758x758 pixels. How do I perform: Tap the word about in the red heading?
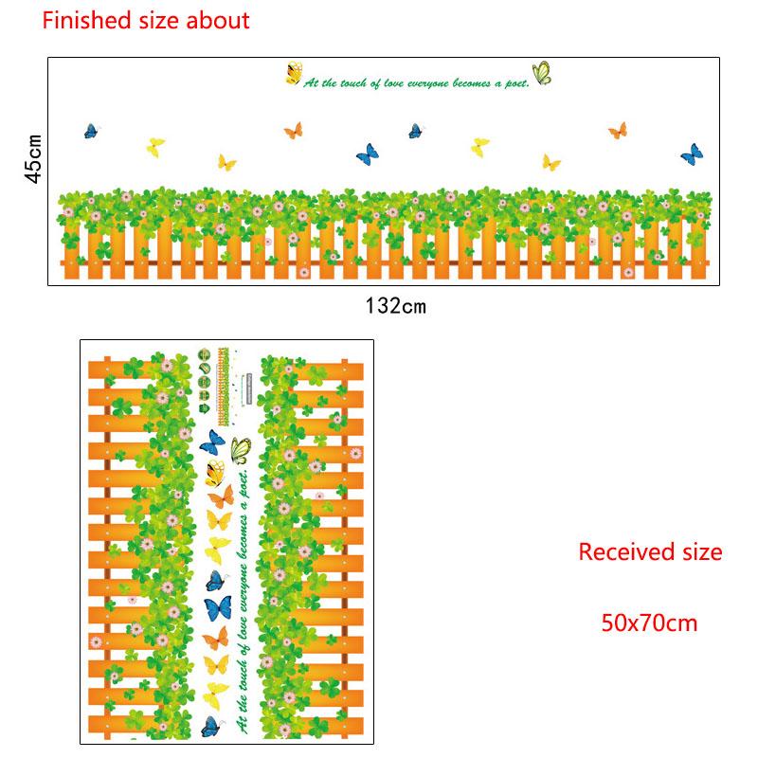[221, 20]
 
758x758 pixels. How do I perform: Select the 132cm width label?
[396, 305]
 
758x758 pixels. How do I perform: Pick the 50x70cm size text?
[649, 623]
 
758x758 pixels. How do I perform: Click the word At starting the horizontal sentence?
[310, 83]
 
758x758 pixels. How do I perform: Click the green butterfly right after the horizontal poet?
[542, 73]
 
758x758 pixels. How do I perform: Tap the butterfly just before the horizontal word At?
[294, 72]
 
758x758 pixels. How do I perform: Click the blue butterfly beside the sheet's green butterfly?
[213, 443]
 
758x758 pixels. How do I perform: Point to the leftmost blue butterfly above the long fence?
[92, 131]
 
